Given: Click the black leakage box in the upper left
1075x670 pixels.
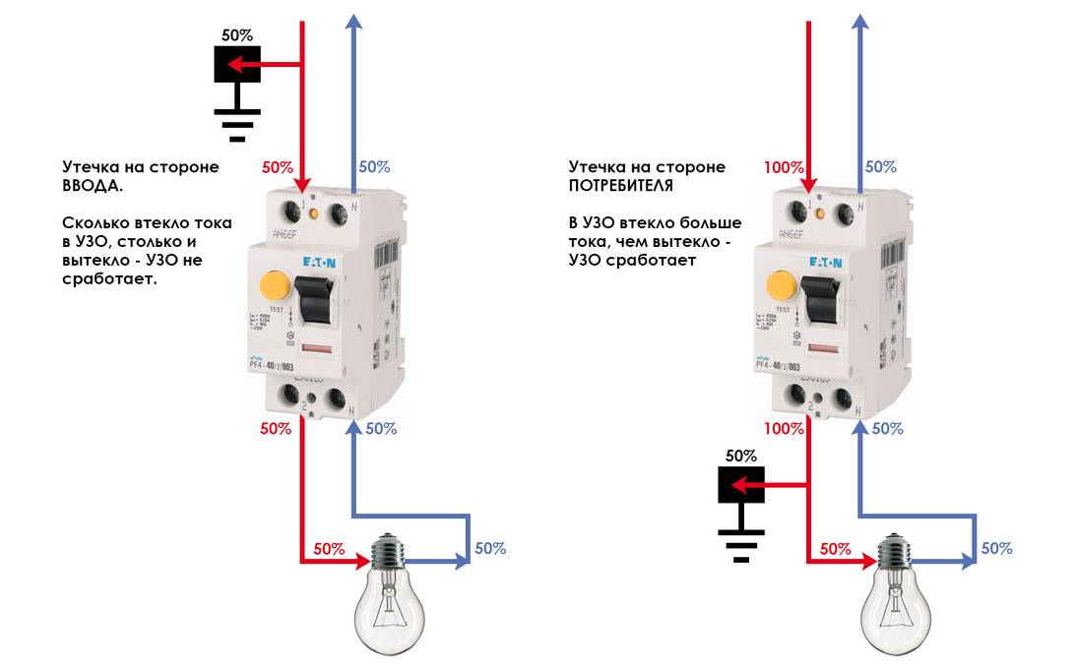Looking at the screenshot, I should pyautogui.click(x=237, y=64).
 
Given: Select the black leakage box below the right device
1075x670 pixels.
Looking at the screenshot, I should pyautogui.click(x=741, y=485).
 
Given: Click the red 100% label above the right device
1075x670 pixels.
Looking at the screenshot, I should pyautogui.click(x=784, y=167).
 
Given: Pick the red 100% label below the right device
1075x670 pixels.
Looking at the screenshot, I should pyautogui.click(x=784, y=429).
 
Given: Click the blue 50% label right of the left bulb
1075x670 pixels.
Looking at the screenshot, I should pyautogui.click(x=490, y=548).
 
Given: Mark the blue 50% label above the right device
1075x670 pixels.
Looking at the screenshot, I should pyautogui.click(x=880, y=167).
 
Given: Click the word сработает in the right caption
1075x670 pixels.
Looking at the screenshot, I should pyautogui.click(x=659, y=261).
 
